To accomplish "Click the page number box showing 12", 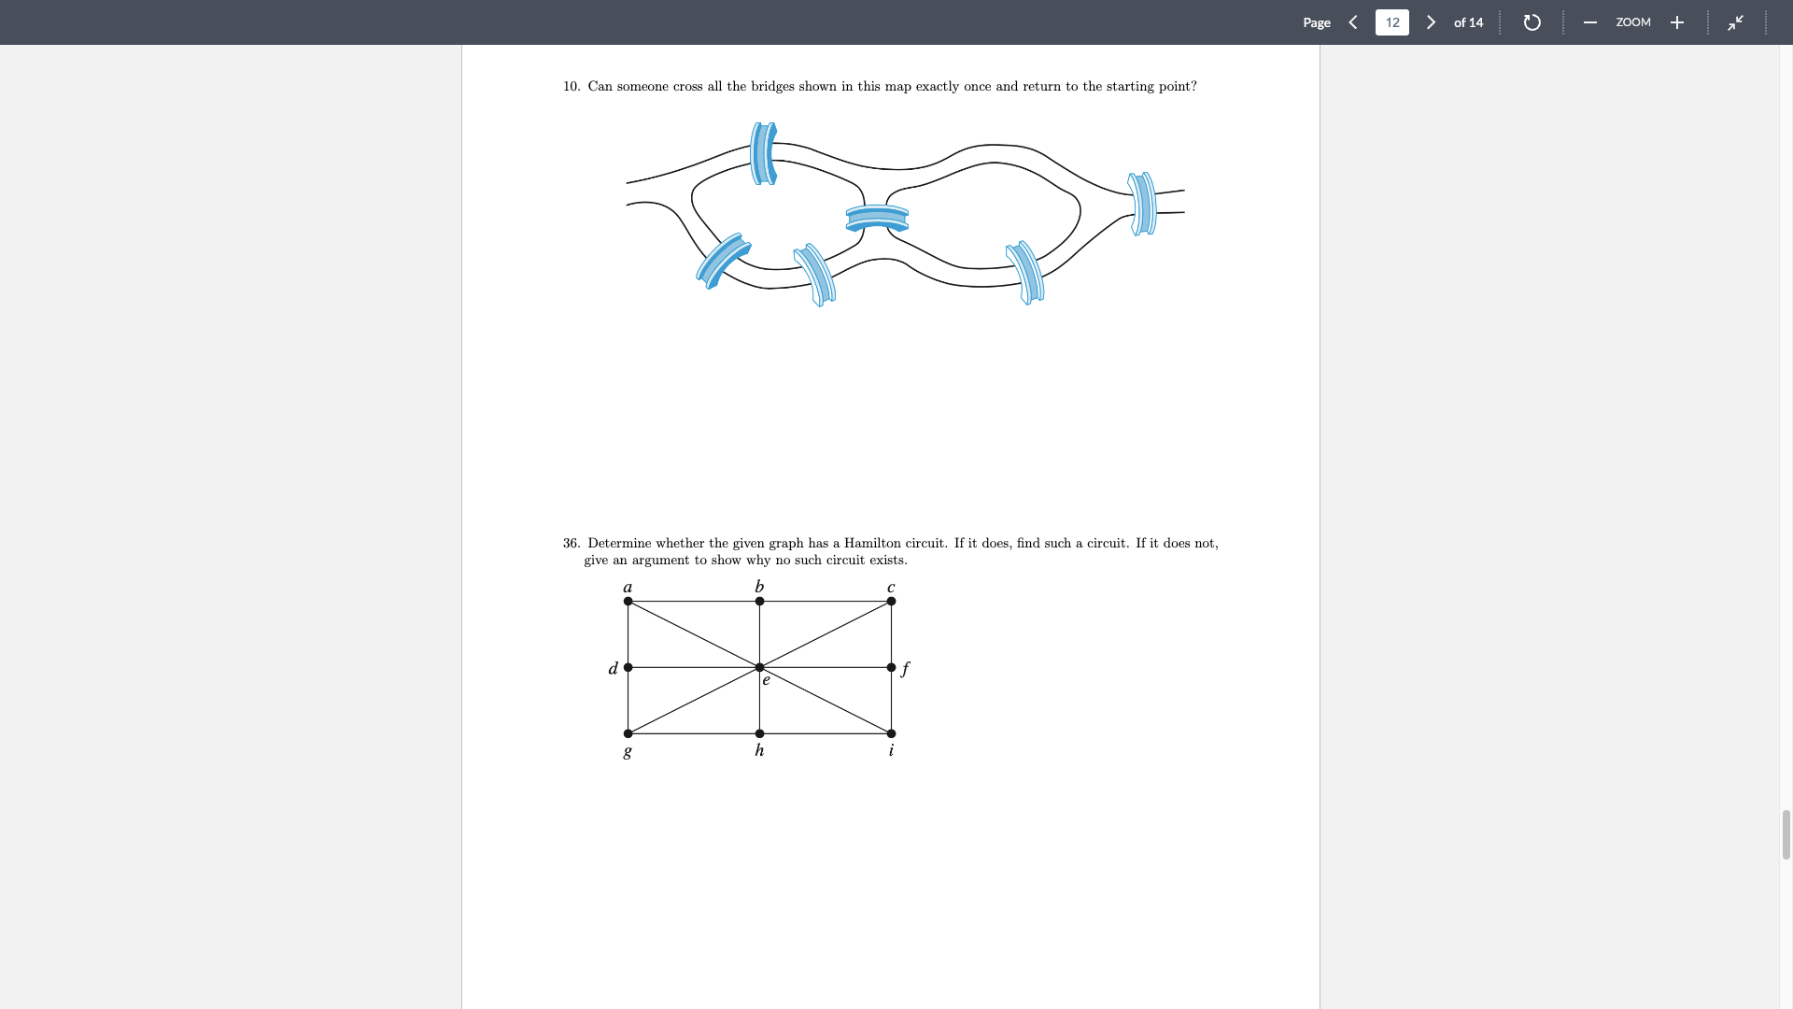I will point(1391,22).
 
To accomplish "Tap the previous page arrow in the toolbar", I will point(1352,22).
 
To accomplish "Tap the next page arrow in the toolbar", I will point(1431,22).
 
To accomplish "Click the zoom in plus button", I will point(1677,22).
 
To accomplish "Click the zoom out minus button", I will point(1589,22).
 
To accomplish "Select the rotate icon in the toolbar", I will point(1532,22).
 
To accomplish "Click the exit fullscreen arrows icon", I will point(1735,22).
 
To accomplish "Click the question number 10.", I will point(571,86).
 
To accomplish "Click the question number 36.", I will point(571,543).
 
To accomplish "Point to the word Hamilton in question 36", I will point(872,543).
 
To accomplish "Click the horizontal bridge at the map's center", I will point(877,219).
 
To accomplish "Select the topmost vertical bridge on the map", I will point(764,153).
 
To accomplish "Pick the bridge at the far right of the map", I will point(1142,203).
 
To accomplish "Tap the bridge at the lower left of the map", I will point(723,260).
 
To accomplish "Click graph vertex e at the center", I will point(759,667).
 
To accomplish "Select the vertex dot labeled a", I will point(628,601).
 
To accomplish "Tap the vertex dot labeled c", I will point(891,601).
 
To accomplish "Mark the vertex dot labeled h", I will point(759,733).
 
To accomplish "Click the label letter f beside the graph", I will point(905,668).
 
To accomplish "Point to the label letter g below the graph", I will point(628,750).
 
